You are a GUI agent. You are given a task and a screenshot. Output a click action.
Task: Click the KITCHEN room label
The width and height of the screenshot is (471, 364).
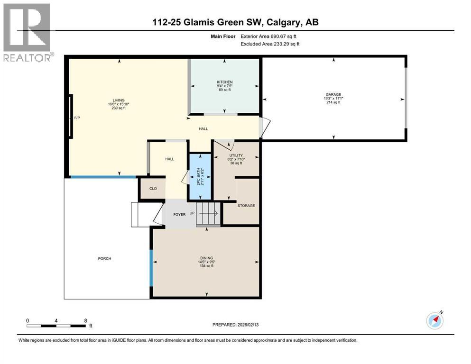point(224,82)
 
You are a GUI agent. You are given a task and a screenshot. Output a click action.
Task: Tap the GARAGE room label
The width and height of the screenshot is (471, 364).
point(334,94)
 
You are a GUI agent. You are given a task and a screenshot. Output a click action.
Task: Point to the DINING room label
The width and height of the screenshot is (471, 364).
point(206,258)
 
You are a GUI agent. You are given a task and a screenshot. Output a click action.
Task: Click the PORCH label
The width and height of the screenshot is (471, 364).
point(104,258)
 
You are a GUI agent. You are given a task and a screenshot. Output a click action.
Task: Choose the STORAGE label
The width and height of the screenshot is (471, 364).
point(246,206)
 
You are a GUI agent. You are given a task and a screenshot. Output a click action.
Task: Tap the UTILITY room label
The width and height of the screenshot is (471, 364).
point(236,155)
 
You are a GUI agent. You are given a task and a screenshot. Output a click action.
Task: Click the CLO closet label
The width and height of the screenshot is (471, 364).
point(153,189)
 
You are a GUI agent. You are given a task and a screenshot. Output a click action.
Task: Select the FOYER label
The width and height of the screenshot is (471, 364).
point(179,214)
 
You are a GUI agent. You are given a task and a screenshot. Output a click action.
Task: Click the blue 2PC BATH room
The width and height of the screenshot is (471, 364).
point(200,176)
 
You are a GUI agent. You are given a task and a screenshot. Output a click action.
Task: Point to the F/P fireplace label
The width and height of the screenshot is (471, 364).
point(77,118)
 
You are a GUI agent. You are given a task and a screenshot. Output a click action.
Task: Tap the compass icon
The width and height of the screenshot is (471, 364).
point(435,320)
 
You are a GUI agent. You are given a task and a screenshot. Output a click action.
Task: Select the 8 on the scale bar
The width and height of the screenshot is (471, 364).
point(85,320)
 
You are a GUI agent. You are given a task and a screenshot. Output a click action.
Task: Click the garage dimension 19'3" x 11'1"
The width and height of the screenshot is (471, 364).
point(333,99)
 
